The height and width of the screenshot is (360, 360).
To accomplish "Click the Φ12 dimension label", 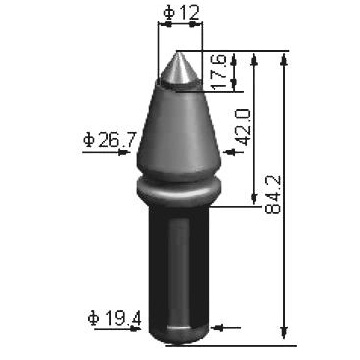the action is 182,13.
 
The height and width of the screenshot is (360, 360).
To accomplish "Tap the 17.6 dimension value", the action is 219,71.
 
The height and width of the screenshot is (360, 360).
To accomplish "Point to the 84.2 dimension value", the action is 273,195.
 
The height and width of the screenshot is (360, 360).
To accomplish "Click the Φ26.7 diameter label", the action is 110,140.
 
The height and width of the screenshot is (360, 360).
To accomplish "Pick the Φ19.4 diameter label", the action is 115,319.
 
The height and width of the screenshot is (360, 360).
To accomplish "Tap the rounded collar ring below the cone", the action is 179,190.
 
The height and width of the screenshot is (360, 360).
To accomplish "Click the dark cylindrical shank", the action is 179,267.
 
